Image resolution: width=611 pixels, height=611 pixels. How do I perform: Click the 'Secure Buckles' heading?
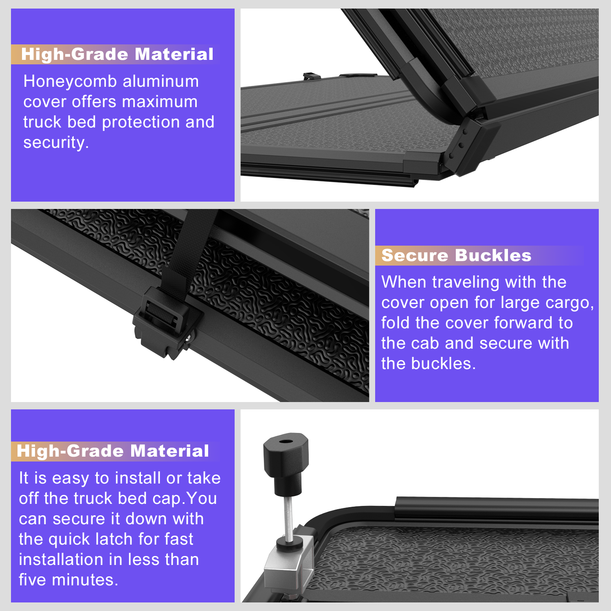[x=456, y=255]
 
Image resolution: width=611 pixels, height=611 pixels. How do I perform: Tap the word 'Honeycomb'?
[x=70, y=81]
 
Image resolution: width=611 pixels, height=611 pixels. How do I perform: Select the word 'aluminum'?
[x=161, y=81]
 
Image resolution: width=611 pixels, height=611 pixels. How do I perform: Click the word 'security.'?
[x=56, y=143]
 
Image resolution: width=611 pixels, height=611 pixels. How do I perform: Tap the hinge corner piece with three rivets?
[x=468, y=147]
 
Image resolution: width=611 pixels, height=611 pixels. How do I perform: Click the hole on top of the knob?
[x=285, y=442]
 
